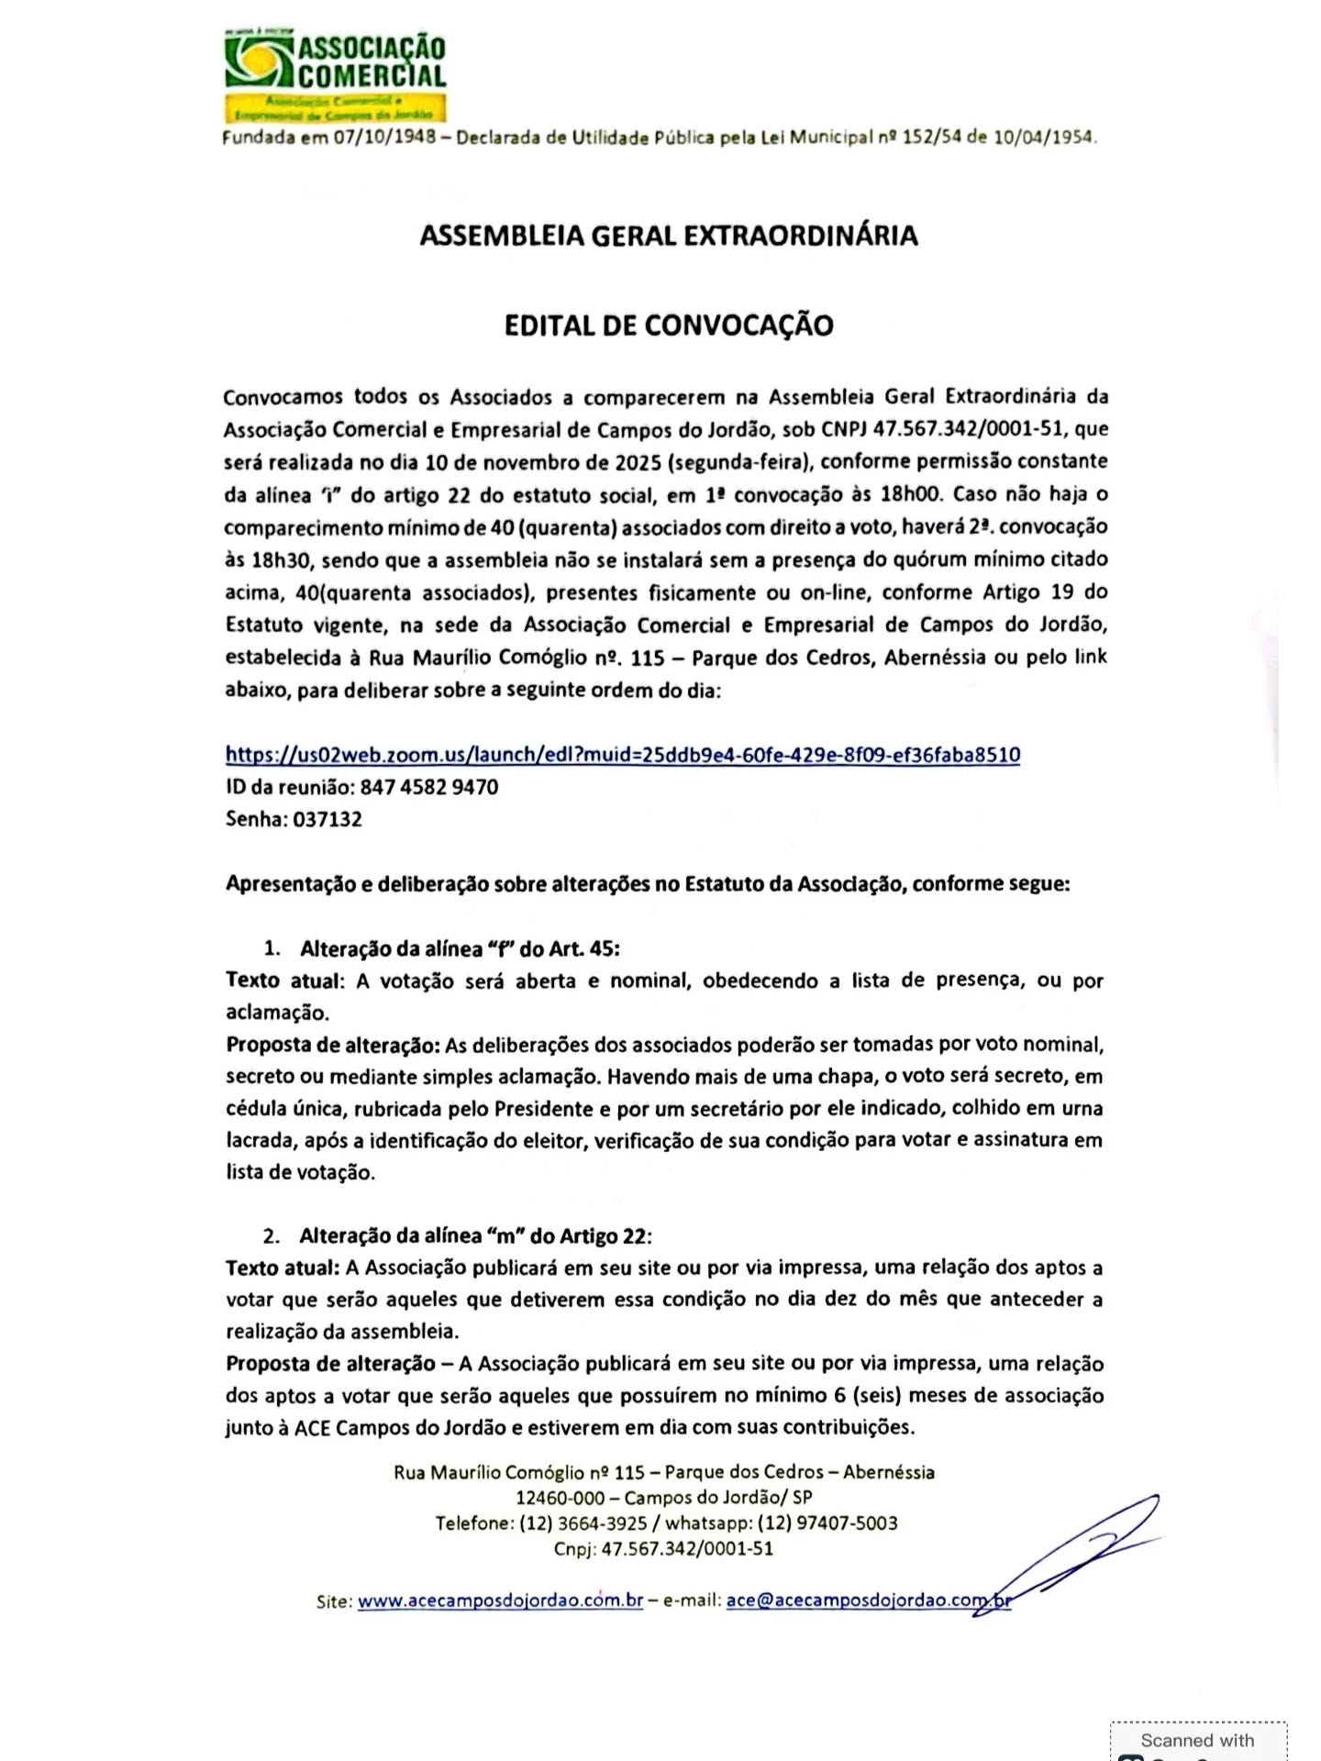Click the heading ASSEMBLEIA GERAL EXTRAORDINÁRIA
(669, 236)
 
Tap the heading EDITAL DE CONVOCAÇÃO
(669, 326)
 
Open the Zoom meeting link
(623, 755)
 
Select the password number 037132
(327, 819)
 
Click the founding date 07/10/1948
(383, 138)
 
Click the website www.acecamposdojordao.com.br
(500, 1600)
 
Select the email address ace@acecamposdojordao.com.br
(868, 1600)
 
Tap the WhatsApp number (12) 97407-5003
(827, 1523)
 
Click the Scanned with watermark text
(1197, 1740)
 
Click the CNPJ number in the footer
(687, 1549)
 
